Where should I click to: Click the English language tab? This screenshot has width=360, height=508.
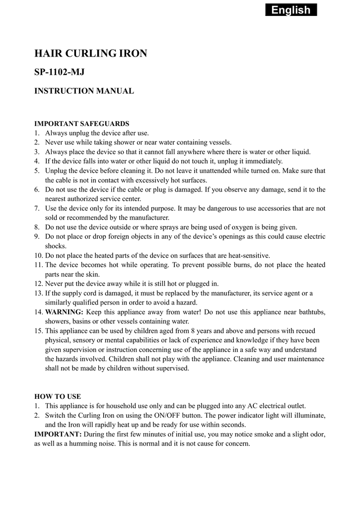click(x=291, y=10)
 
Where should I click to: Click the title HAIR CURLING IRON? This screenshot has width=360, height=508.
click(x=90, y=54)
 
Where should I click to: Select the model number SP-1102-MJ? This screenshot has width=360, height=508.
click(x=59, y=72)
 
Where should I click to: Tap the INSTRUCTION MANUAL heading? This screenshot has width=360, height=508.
click(x=83, y=91)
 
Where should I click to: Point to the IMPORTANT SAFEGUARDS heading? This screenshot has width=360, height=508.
click(x=81, y=124)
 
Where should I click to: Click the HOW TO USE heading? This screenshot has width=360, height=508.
click(x=57, y=396)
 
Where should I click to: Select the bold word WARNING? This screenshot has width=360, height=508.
click(x=65, y=312)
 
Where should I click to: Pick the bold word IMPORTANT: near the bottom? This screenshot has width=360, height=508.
click(x=58, y=434)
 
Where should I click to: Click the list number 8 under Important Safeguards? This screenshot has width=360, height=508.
click(x=37, y=227)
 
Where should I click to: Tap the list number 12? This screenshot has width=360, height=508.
click(x=39, y=284)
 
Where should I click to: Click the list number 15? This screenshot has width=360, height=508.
click(x=39, y=330)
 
